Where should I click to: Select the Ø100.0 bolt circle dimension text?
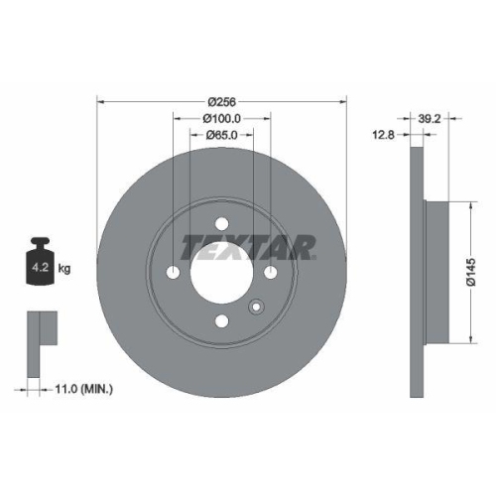point(222,118)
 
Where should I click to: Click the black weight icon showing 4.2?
point(42,264)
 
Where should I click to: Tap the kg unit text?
point(64,268)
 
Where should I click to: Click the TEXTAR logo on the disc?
point(247,244)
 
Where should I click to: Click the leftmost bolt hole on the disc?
point(173,273)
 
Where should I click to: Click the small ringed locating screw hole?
point(255,308)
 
